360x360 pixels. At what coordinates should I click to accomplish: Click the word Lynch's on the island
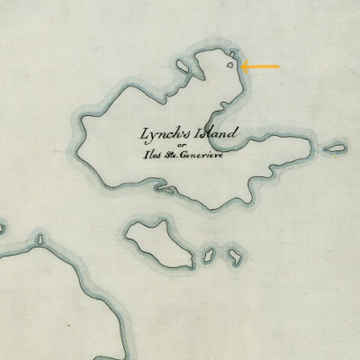click(x=162, y=135)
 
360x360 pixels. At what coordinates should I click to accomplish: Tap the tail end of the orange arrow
click(x=279, y=66)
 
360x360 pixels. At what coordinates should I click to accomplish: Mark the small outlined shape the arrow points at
click(x=233, y=64)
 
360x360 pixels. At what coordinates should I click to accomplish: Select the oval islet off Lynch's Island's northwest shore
click(x=183, y=67)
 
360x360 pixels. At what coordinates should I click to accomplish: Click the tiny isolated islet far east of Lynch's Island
click(x=335, y=148)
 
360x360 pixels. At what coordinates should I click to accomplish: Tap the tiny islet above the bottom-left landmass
click(x=40, y=240)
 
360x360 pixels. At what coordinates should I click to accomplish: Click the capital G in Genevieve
click(x=186, y=156)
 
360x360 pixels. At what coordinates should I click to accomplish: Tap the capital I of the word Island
click(x=194, y=134)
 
